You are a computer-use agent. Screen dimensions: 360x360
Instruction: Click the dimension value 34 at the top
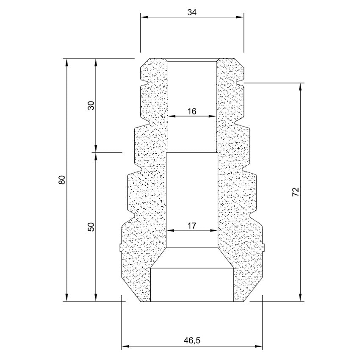tap(192, 12)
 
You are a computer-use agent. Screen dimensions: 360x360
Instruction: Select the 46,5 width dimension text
tap(192, 340)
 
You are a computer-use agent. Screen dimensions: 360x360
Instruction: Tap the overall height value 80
tap(62, 180)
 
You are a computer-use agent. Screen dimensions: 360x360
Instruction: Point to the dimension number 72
tap(296, 192)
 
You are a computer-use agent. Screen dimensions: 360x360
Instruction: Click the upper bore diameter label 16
tap(192, 111)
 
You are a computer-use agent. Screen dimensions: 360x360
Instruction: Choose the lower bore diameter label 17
tap(192, 226)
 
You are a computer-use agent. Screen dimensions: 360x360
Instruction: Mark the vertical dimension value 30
tap(91, 105)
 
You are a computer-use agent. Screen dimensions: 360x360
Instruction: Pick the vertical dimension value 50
tap(91, 227)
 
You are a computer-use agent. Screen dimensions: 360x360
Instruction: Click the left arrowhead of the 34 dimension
tap(144, 17)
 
